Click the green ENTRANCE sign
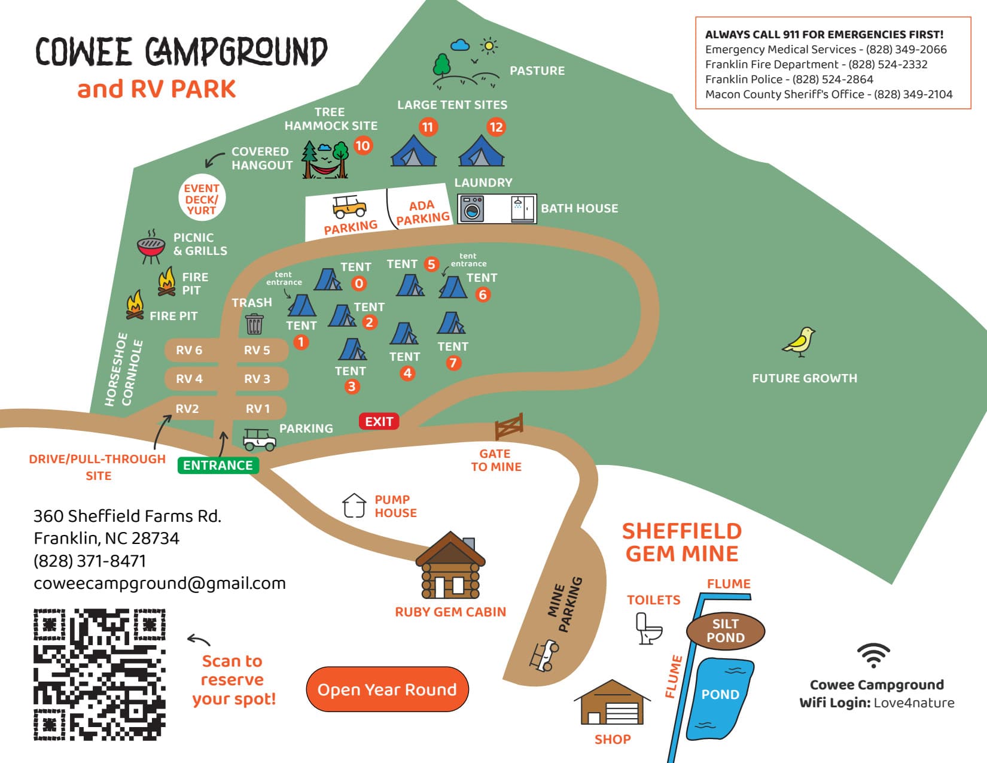click(218, 465)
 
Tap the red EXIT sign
click(379, 421)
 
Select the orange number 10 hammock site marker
click(362, 145)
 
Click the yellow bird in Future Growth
click(800, 342)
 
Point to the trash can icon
click(254, 324)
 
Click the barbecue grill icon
click(151, 246)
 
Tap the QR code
click(99, 674)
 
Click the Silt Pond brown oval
click(725, 631)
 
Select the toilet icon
click(648, 629)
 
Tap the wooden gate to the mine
click(509, 426)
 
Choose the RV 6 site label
click(189, 350)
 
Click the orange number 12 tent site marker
click(495, 127)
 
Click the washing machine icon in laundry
click(473, 209)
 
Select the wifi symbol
click(873, 656)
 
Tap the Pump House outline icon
click(354, 505)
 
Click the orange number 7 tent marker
click(453, 363)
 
